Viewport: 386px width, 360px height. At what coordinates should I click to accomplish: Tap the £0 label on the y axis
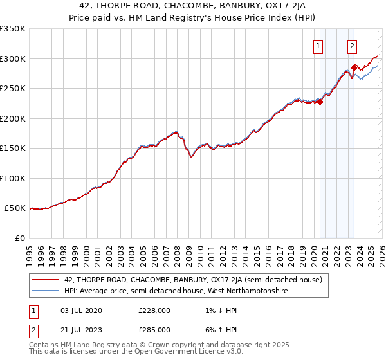(x=19, y=238)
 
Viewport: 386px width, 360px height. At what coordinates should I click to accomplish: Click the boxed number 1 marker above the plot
(x=318, y=45)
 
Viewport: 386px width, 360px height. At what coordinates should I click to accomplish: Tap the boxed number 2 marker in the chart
(x=353, y=45)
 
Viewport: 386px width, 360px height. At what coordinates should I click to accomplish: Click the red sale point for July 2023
(x=354, y=67)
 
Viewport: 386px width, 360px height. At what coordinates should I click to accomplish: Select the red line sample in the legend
(x=46, y=279)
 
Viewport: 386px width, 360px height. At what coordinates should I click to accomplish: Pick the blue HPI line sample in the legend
(x=46, y=291)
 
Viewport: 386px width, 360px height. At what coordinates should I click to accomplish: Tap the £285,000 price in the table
(x=154, y=329)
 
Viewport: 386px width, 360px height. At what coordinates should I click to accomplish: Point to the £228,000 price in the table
(x=154, y=310)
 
